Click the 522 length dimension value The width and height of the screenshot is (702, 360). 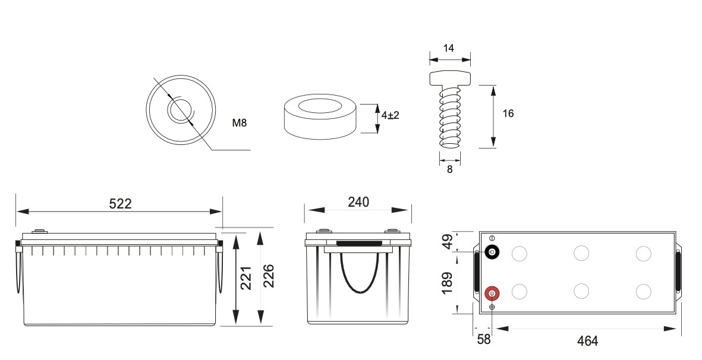point(120,203)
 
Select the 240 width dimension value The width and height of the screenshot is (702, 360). point(358,202)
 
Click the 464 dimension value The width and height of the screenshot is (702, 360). point(587,341)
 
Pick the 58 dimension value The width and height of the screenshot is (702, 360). point(484,340)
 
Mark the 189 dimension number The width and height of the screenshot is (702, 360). point(448,283)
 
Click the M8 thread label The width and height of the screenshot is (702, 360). point(239,124)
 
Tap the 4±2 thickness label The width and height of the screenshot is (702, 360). point(390,115)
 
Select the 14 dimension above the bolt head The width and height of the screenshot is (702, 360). point(449,49)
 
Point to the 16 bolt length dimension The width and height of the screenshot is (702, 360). point(508,113)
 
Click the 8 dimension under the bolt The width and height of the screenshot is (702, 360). point(449,169)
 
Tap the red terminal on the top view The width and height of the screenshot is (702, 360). point(492,293)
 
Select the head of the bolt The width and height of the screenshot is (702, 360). point(449,78)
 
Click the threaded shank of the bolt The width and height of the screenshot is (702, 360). point(449,116)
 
